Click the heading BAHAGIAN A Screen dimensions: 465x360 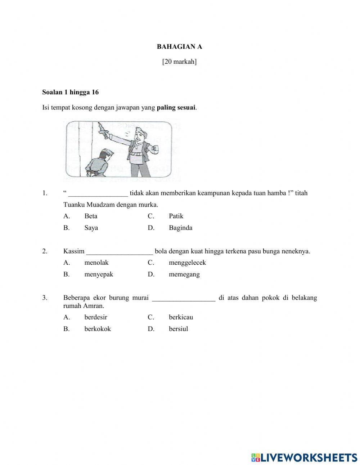pyautogui.click(x=179, y=46)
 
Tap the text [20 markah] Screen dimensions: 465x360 pyautogui.click(x=179, y=62)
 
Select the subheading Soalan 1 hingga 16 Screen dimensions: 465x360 pyautogui.click(x=70, y=92)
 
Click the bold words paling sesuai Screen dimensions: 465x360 pyautogui.click(x=176, y=107)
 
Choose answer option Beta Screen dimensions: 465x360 pyautogui.click(x=91, y=216)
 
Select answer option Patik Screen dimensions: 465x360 pyautogui.click(x=176, y=216)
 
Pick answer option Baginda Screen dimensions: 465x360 pyautogui.click(x=180, y=228)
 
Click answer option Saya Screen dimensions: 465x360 pyautogui.click(x=91, y=228)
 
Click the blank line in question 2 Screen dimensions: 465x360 pyautogui.click(x=120, y=252)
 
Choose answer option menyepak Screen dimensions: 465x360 pyautogui.click(x=99, y=274)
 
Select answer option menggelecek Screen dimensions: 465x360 pyautogui.click(x=187, y=263)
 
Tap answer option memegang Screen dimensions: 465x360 pyautogui.click(x=184, y=274)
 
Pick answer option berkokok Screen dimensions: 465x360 pyautogui.click(x=98, y=329)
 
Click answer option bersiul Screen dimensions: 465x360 pyautogui.click(x=178, y=329)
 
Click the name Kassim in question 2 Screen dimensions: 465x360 pyautogui.click(x=74, y=251)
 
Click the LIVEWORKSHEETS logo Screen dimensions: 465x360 pyautogui.click(x=304, y=457)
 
